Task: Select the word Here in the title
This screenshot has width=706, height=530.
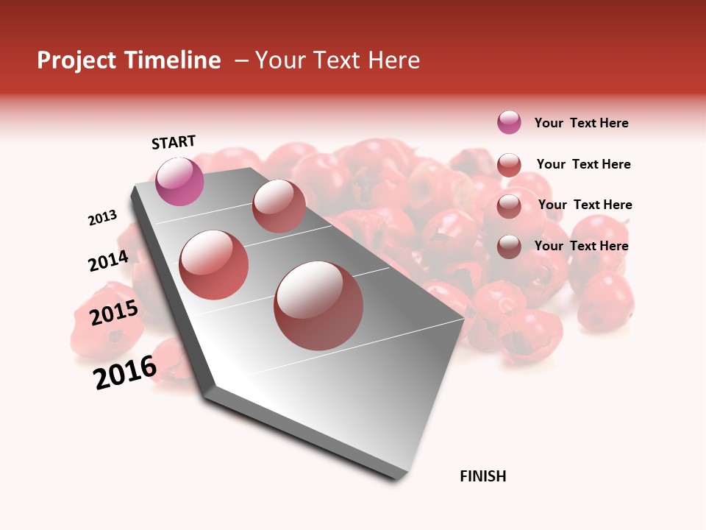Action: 393,60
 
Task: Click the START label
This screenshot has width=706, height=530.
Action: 174,141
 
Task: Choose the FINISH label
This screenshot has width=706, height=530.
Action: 482,476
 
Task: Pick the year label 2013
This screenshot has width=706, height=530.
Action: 102,218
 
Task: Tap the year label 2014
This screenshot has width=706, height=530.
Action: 108,261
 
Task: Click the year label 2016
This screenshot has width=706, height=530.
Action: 125,372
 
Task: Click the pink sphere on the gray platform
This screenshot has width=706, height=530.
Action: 179,181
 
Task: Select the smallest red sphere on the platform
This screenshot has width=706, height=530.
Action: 279,205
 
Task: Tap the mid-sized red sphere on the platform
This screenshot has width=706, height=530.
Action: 213,264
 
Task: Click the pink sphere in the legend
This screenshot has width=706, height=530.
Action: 509,123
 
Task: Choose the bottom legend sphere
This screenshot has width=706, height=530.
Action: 509,247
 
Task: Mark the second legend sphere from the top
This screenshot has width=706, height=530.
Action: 509,165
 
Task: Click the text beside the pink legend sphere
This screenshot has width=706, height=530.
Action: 581,123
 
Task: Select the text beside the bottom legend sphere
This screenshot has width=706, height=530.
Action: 581,246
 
